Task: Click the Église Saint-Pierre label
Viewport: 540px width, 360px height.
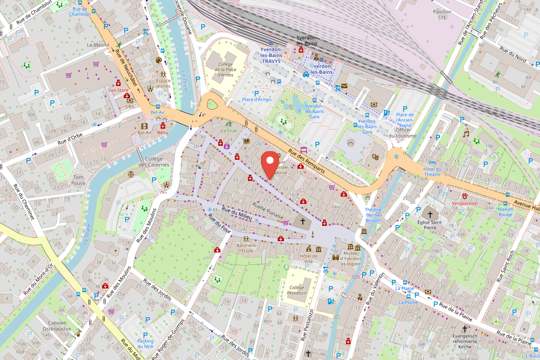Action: tap(430, 225)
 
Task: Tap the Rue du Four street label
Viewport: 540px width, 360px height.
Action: tap(220, 224)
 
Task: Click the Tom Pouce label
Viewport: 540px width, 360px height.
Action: tap(79, 180)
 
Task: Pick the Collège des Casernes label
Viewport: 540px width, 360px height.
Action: tap(154, 162)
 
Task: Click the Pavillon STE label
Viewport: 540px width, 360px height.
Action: tap(442, 14)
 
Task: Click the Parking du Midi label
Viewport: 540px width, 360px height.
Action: tap(145, 343)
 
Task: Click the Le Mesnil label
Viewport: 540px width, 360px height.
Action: tap(96, 45)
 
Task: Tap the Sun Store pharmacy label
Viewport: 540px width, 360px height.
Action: tap(118, 90)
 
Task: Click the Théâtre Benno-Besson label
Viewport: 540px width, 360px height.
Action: tap(373, 215)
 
